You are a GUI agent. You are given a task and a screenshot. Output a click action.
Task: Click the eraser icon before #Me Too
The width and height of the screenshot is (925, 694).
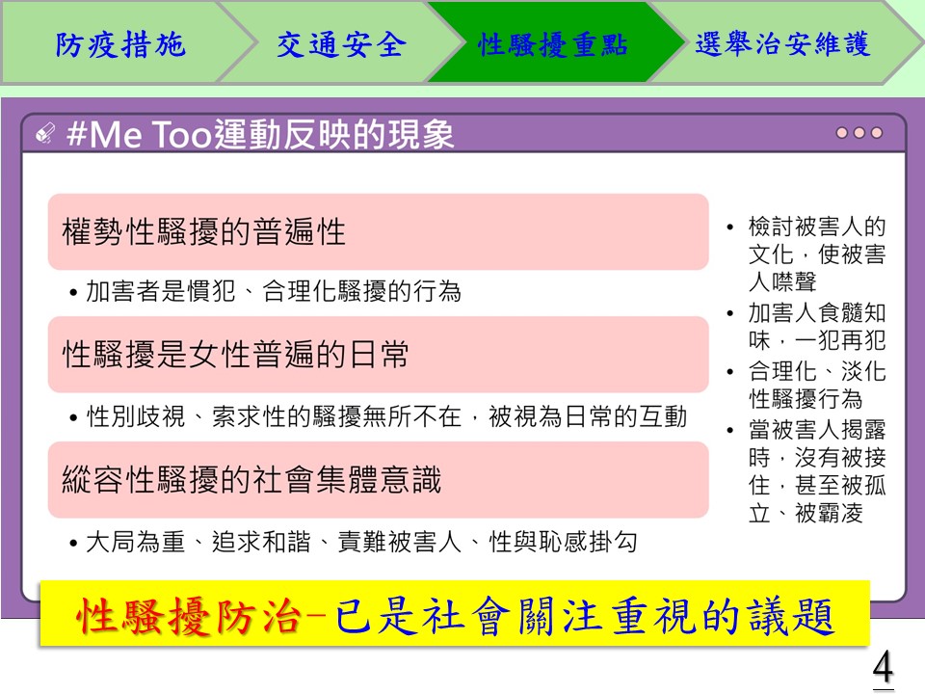point(45,133)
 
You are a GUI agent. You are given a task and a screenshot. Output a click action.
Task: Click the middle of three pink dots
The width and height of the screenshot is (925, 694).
point(859,133)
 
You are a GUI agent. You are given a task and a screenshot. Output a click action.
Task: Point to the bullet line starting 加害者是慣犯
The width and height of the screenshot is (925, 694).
point(265,291)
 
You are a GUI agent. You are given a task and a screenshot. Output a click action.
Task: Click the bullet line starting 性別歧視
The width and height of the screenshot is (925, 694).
point(378,416)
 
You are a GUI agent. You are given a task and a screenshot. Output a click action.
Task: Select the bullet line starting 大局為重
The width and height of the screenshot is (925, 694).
point(353,542)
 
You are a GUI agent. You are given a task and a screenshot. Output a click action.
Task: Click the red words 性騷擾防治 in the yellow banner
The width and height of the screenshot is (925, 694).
point(188,616)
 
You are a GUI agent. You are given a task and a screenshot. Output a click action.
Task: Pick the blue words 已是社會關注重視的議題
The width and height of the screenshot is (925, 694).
point(585,616)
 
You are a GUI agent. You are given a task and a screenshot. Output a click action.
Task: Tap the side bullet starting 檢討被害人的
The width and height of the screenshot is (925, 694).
point(807,254)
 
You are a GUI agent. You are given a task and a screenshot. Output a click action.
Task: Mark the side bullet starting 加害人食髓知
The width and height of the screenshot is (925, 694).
point(807,327)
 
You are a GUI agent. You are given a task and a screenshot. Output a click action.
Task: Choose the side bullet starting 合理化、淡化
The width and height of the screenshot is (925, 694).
point(807,385)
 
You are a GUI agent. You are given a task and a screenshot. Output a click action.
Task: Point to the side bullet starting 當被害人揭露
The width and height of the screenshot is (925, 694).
point(807,471)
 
